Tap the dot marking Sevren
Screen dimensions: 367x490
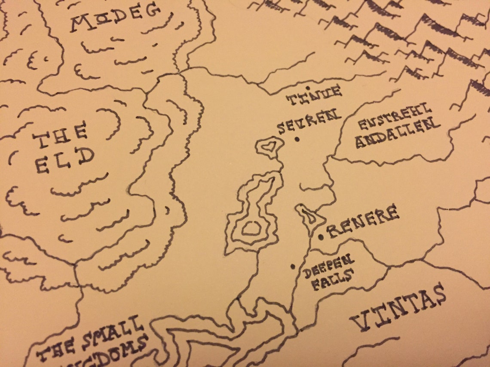(297, 139)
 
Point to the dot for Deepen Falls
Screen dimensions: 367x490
(293, 267)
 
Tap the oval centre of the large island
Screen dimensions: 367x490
(251, 229)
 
